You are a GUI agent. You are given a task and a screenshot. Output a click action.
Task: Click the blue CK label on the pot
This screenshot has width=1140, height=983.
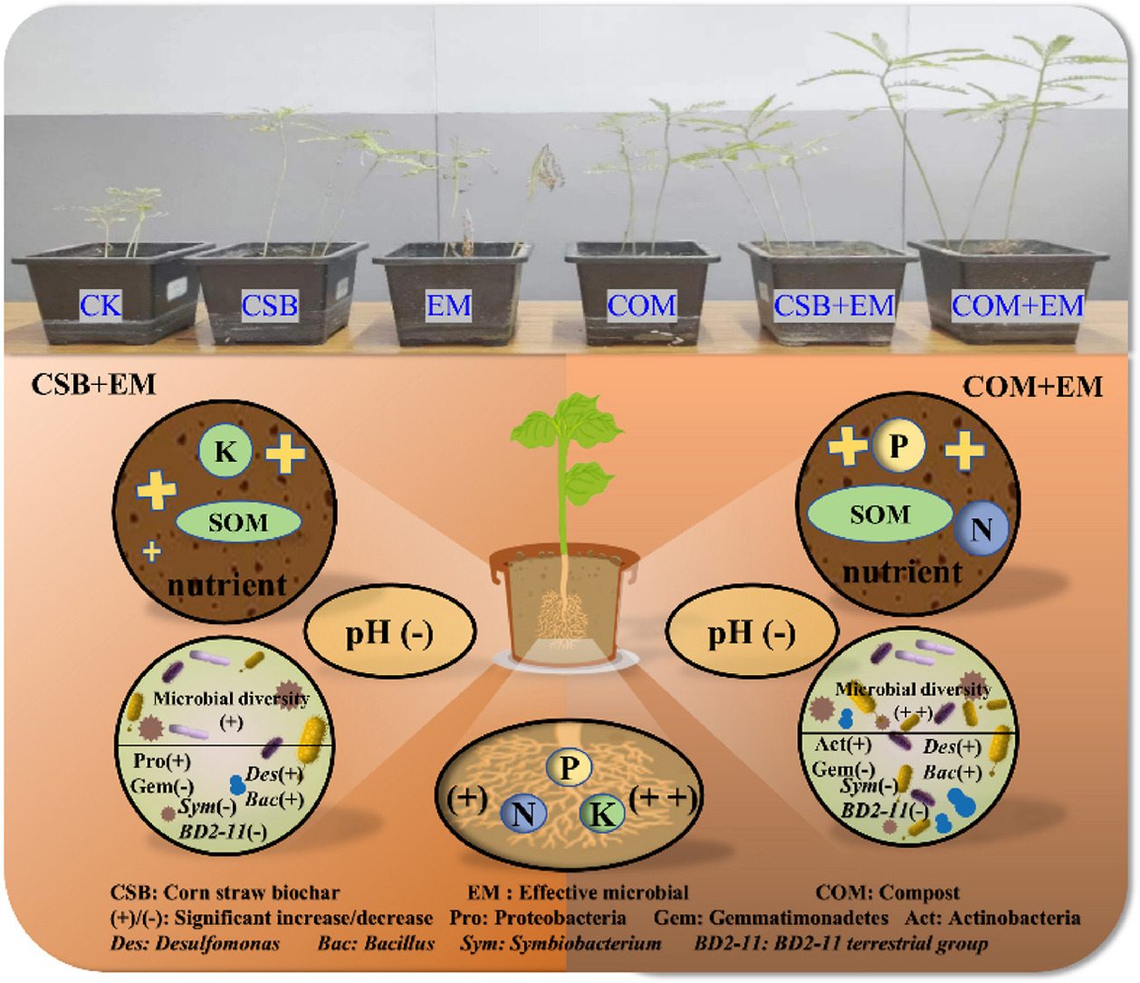(100, 305)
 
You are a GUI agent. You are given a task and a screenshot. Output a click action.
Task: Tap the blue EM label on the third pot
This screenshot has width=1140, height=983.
(449, 305)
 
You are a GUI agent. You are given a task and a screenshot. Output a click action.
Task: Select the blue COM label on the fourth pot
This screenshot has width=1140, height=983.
(641, 305)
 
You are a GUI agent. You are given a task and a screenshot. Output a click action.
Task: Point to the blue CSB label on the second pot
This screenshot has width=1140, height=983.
(270, 305)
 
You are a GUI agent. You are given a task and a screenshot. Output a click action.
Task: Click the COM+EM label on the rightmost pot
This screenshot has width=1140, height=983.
(1017, 305)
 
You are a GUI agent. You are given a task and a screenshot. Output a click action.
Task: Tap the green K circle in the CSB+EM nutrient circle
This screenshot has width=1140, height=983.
(225, 451)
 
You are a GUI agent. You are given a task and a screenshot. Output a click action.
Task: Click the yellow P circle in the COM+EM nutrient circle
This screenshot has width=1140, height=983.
(898, 446)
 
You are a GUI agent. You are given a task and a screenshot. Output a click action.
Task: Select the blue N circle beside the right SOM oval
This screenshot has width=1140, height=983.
(982, 529)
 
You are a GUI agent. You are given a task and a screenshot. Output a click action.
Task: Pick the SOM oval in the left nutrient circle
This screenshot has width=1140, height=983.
(238, 523)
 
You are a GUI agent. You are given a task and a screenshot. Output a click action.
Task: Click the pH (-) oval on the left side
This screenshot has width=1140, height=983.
(390, 632)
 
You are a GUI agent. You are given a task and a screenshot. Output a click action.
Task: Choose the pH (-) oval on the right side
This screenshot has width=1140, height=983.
(752, 632)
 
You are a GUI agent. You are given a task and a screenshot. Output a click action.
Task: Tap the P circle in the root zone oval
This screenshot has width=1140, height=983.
(569, 768)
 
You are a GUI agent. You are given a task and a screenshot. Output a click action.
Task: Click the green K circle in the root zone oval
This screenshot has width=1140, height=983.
(601, 814)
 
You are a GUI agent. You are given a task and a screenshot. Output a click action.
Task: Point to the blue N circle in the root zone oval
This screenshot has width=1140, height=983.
(523, 814)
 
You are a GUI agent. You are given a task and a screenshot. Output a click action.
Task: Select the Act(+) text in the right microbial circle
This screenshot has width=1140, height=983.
(843, 745)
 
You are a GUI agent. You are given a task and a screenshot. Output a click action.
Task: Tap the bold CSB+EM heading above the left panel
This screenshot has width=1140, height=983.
(94, 384)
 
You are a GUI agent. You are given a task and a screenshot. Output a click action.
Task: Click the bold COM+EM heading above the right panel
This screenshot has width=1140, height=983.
(1032, 387)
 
